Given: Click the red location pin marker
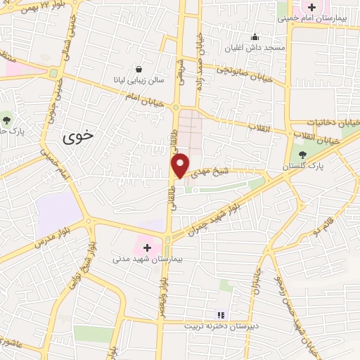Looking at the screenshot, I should [181, 165].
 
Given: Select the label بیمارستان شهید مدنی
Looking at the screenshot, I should [148, 259].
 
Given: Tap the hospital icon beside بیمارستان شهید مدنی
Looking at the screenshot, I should [148, 247].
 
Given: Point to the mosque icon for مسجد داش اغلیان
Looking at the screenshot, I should [255, 37].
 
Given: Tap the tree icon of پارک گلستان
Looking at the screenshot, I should [303, 154].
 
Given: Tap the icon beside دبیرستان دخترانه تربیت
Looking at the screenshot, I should [221, 315].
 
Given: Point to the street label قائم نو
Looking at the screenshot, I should [324, 227].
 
